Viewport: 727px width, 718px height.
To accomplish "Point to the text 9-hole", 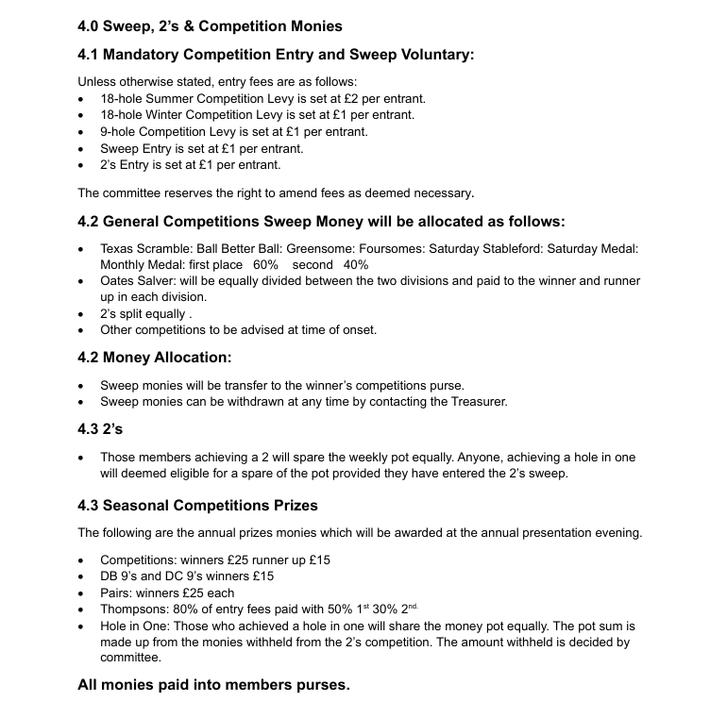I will (119, 132).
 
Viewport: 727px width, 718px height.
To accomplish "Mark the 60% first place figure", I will (265, 265).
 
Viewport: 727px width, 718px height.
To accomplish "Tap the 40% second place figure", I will (356, 265).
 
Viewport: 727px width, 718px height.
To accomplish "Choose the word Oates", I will (119, 281).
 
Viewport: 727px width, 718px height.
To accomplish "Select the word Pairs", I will (115, 593).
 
